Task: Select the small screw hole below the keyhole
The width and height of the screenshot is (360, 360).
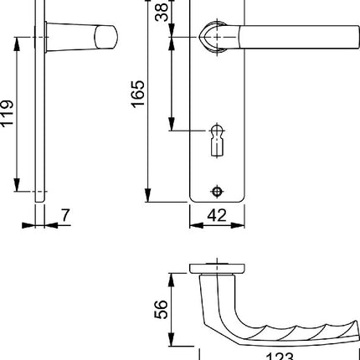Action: (x=219, y=188)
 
